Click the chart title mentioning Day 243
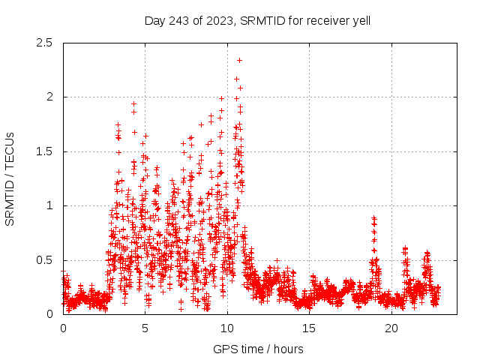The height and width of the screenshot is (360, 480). (257, 20)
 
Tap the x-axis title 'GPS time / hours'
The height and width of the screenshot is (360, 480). (257, 349)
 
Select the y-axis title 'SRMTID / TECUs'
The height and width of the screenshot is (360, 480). (10, 178)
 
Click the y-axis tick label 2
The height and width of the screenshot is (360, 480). (49, 97)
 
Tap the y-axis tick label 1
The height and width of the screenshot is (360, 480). (49, 205)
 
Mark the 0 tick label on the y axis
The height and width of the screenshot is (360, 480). (49, 314)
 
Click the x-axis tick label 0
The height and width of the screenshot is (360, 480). (63, 328)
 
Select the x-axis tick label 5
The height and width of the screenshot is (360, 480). (145, 328)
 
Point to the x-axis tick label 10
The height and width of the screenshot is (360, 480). (227, 328)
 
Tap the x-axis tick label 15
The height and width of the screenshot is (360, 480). (309, 328)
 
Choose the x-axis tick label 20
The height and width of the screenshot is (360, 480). (391, 328)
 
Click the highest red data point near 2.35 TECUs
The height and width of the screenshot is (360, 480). (239, 60)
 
